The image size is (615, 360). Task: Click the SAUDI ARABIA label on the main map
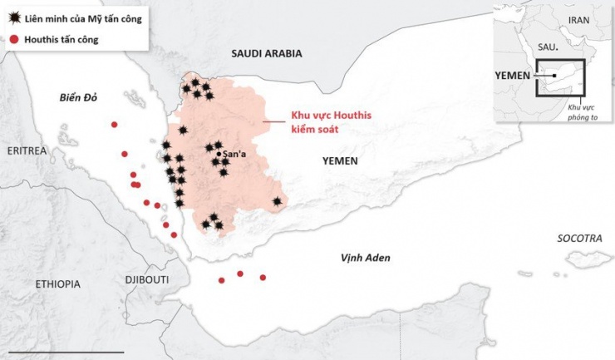[266, 53]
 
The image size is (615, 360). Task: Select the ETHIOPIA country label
[57, 284]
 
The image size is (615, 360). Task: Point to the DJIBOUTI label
[146, 280]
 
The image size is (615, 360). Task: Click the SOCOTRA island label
[579, 239]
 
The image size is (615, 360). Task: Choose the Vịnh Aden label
[365, 258]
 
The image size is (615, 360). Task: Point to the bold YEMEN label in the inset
[513, 74]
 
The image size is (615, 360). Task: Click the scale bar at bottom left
[62, 352]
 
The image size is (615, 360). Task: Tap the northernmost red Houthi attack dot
[115, 125]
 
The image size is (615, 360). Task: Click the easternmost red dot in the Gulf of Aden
[263, 278]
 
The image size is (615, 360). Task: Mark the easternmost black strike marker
[277, 201]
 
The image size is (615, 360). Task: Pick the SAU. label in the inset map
[547, 49]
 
